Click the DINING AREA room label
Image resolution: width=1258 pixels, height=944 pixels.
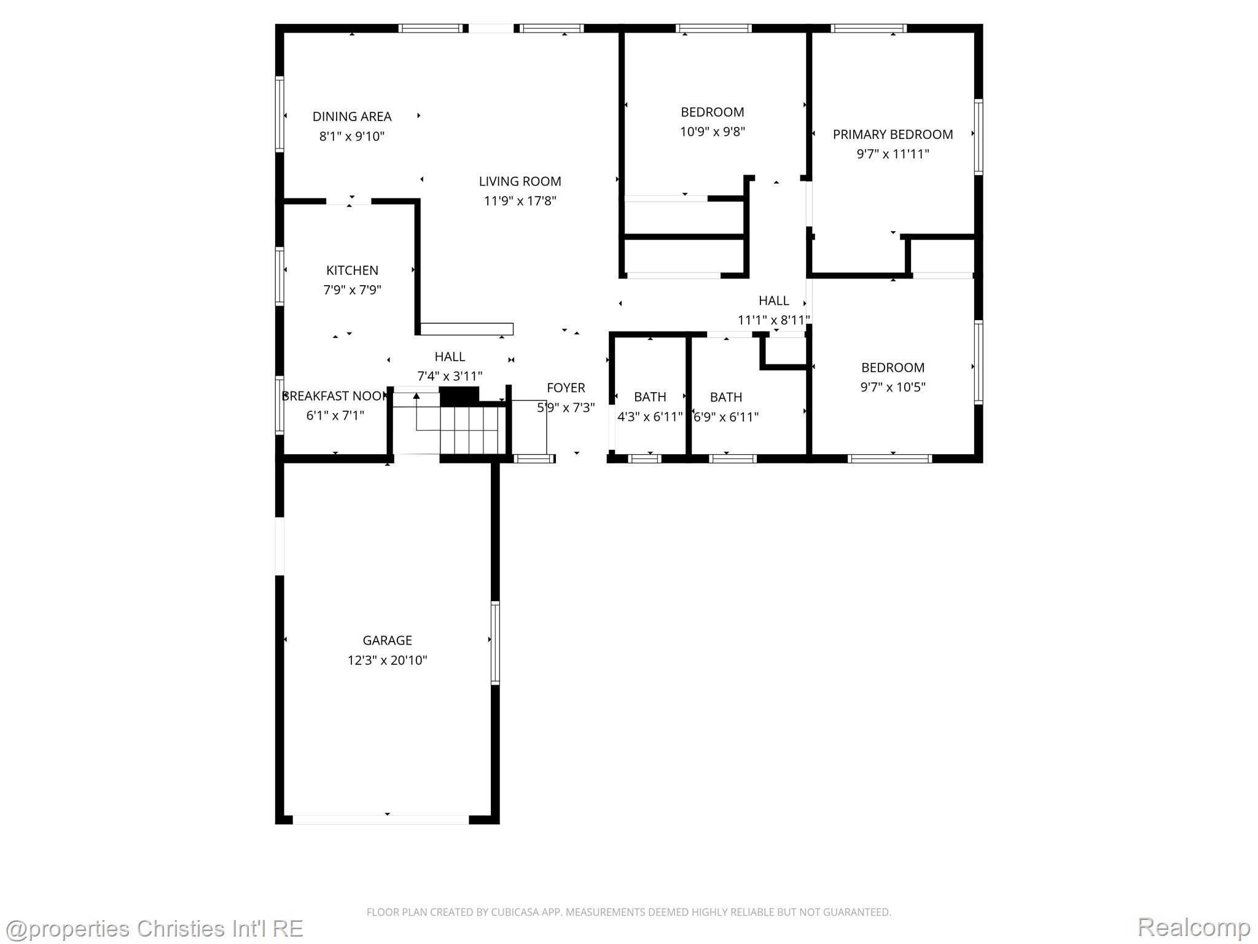[351, 116]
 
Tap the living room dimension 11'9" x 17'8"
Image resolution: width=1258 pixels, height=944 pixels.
[520, 201]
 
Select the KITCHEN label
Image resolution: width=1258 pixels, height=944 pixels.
[352, 270]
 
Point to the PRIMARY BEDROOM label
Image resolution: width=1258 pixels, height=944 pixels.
[893, 135]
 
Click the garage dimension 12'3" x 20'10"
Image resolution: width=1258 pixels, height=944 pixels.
[387, 660]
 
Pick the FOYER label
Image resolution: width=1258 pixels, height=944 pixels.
[566, 388]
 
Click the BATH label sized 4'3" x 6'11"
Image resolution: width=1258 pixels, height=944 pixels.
[650, 397]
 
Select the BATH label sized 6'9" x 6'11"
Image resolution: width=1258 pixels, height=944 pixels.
[725, 397]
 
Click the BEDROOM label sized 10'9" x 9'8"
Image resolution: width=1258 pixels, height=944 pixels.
[712, 112]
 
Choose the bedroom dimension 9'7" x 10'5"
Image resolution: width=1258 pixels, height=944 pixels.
[893, 387]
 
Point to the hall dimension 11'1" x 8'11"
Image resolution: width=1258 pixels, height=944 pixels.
[773, 320]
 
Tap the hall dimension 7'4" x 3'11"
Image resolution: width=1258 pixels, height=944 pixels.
[450, 376]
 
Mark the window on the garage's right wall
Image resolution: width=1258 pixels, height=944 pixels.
[495, 643]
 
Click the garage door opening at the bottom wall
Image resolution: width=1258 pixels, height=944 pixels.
[381, 820]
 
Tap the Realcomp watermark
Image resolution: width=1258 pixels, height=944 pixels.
[1193, 927]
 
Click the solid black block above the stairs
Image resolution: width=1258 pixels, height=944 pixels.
[459, 396]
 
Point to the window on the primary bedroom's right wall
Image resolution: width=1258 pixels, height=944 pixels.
[978, 136]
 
